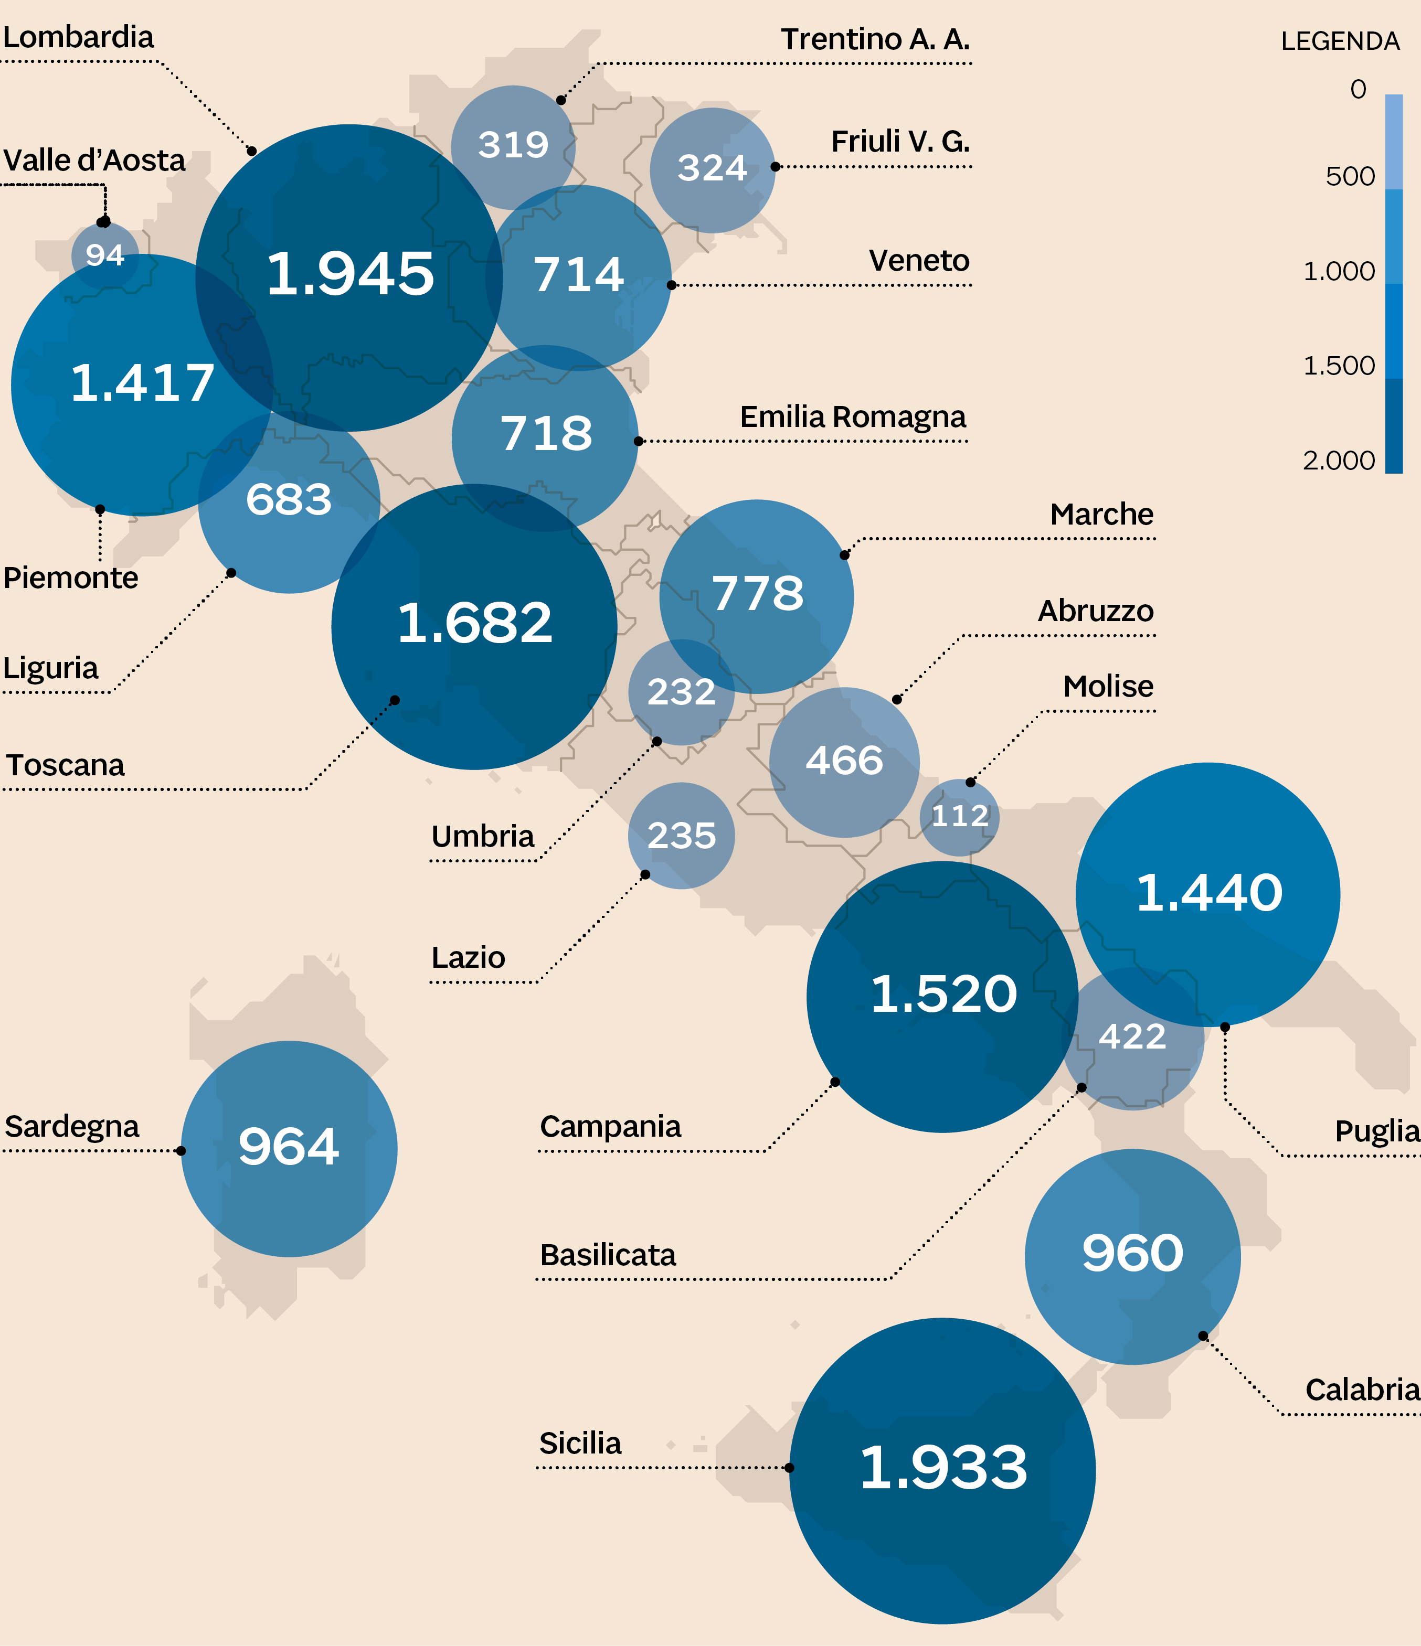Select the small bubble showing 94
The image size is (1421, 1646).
click(105, 255)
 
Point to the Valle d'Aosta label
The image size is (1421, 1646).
click(94, 161)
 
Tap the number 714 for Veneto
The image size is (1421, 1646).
click(579, 275)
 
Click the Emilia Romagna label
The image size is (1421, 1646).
click(853, 416)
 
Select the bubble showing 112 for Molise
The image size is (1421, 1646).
click(959, 816)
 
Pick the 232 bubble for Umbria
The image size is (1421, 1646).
click(681, 692)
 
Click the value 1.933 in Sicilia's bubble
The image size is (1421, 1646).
click(943, 1467)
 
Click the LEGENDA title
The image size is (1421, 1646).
click(1340, 41)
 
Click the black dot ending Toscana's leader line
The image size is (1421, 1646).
click(395, 700)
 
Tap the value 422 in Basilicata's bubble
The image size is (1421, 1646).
click(1132, 1036)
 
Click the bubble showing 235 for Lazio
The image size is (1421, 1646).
click(681, 836)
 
